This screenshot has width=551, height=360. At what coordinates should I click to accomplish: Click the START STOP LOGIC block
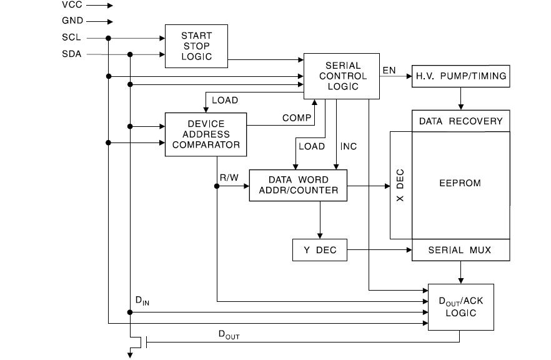[196, 46]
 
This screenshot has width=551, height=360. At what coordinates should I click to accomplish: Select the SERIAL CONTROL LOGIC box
[342, 76]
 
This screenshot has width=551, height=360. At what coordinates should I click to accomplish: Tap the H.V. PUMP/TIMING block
[461, 76]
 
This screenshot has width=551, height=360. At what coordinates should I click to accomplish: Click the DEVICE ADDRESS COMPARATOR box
[206, 134]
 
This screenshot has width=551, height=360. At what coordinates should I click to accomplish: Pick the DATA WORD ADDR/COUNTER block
[297, 185]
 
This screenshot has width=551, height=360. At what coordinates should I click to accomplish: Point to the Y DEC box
[320, 250]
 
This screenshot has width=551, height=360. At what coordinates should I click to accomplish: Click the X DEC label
[400, 185]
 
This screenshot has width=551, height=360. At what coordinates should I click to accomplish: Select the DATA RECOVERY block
[460, 121]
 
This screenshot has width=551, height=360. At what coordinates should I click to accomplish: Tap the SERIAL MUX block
[460, 250]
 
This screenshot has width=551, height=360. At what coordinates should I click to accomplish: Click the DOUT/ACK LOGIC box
[460, 306]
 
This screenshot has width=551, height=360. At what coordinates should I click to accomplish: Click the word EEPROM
[460, 184]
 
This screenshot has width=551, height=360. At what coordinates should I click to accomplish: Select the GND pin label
[72, 21]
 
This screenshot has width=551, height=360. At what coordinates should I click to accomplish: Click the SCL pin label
[71, 37]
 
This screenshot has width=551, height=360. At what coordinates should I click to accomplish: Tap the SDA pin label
[71, 54]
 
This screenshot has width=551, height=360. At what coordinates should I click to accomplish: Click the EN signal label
[389, 70]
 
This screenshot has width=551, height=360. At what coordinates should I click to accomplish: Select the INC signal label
[349, 146]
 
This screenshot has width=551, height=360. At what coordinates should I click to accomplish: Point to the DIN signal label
[142, 301]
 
